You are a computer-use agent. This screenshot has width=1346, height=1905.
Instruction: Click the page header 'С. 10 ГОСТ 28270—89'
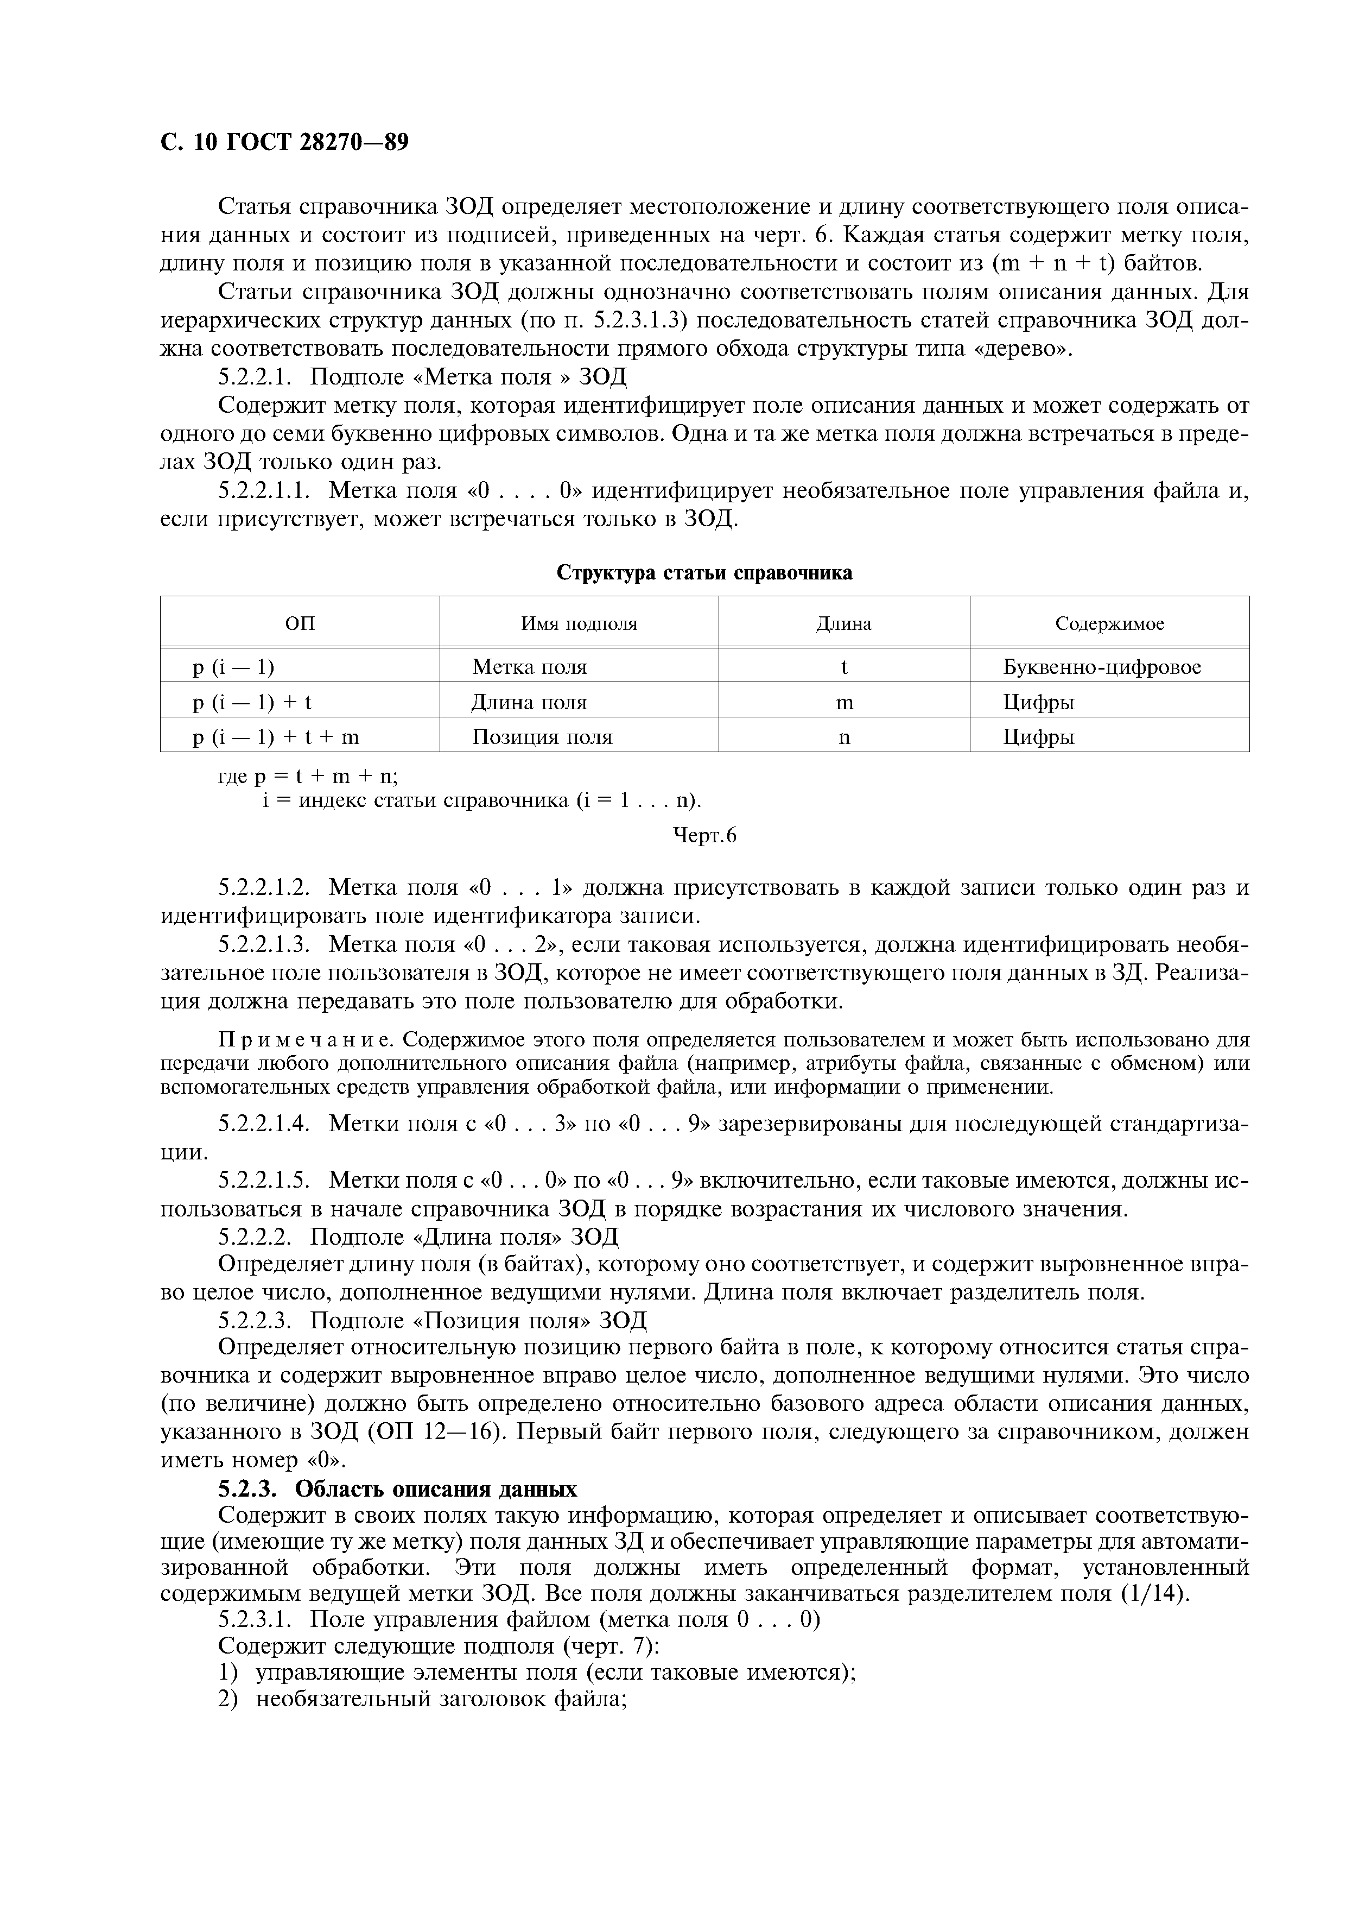[x=284, y=143]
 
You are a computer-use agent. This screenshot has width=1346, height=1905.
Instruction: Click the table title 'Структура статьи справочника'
[x=703, y=572]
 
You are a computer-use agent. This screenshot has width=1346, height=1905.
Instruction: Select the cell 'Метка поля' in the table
[x=529, y=667]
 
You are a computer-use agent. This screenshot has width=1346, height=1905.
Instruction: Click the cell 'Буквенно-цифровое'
[x=1101, y=667]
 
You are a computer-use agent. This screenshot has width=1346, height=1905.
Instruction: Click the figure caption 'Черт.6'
[x=703, y=836]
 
